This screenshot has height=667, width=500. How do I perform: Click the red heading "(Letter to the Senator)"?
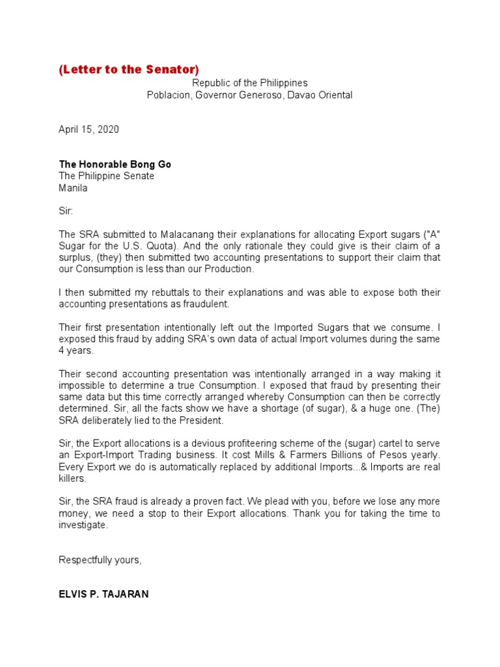129,70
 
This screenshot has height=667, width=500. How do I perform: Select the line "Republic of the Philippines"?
249,83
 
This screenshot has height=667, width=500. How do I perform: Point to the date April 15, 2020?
89,129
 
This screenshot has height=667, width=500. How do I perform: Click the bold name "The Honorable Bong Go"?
115,164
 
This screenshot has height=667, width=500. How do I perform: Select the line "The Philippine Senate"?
106,176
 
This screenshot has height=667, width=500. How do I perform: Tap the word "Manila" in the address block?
73,188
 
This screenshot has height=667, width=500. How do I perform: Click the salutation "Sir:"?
66,211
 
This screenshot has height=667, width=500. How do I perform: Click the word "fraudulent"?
210,304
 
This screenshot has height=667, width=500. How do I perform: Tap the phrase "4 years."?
76,350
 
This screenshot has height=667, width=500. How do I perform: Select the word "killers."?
72,478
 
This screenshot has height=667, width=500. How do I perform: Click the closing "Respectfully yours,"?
100,560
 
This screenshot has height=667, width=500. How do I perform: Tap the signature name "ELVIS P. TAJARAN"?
104,594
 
